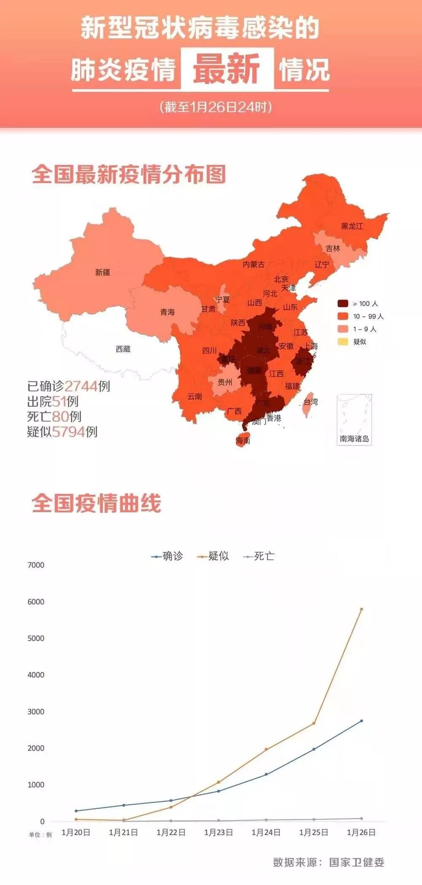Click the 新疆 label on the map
103,273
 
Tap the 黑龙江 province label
352,226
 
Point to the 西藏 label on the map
123,349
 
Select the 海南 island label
243,440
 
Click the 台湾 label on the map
311,402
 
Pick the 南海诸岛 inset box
354,419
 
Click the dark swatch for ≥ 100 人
343,303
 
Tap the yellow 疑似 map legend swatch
343,342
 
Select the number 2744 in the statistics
81,386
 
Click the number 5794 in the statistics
69,432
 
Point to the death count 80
60,417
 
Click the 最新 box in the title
227,69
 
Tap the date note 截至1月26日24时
216,107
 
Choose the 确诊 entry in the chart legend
168,556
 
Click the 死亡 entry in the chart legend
259,556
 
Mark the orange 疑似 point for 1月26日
361,609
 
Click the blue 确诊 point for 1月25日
314,749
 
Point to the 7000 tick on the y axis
36,565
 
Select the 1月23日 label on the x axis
219,832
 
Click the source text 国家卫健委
357,863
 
